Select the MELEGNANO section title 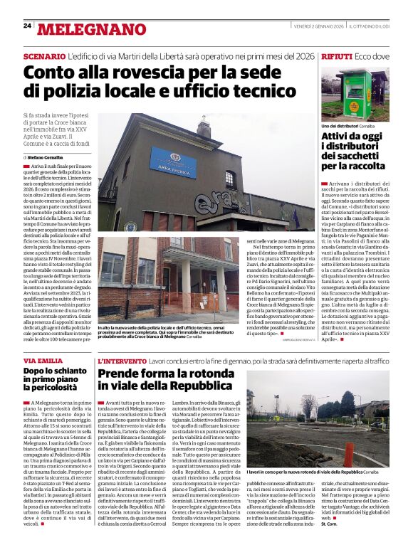coord(91,29)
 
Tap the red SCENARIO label coord(43,55)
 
